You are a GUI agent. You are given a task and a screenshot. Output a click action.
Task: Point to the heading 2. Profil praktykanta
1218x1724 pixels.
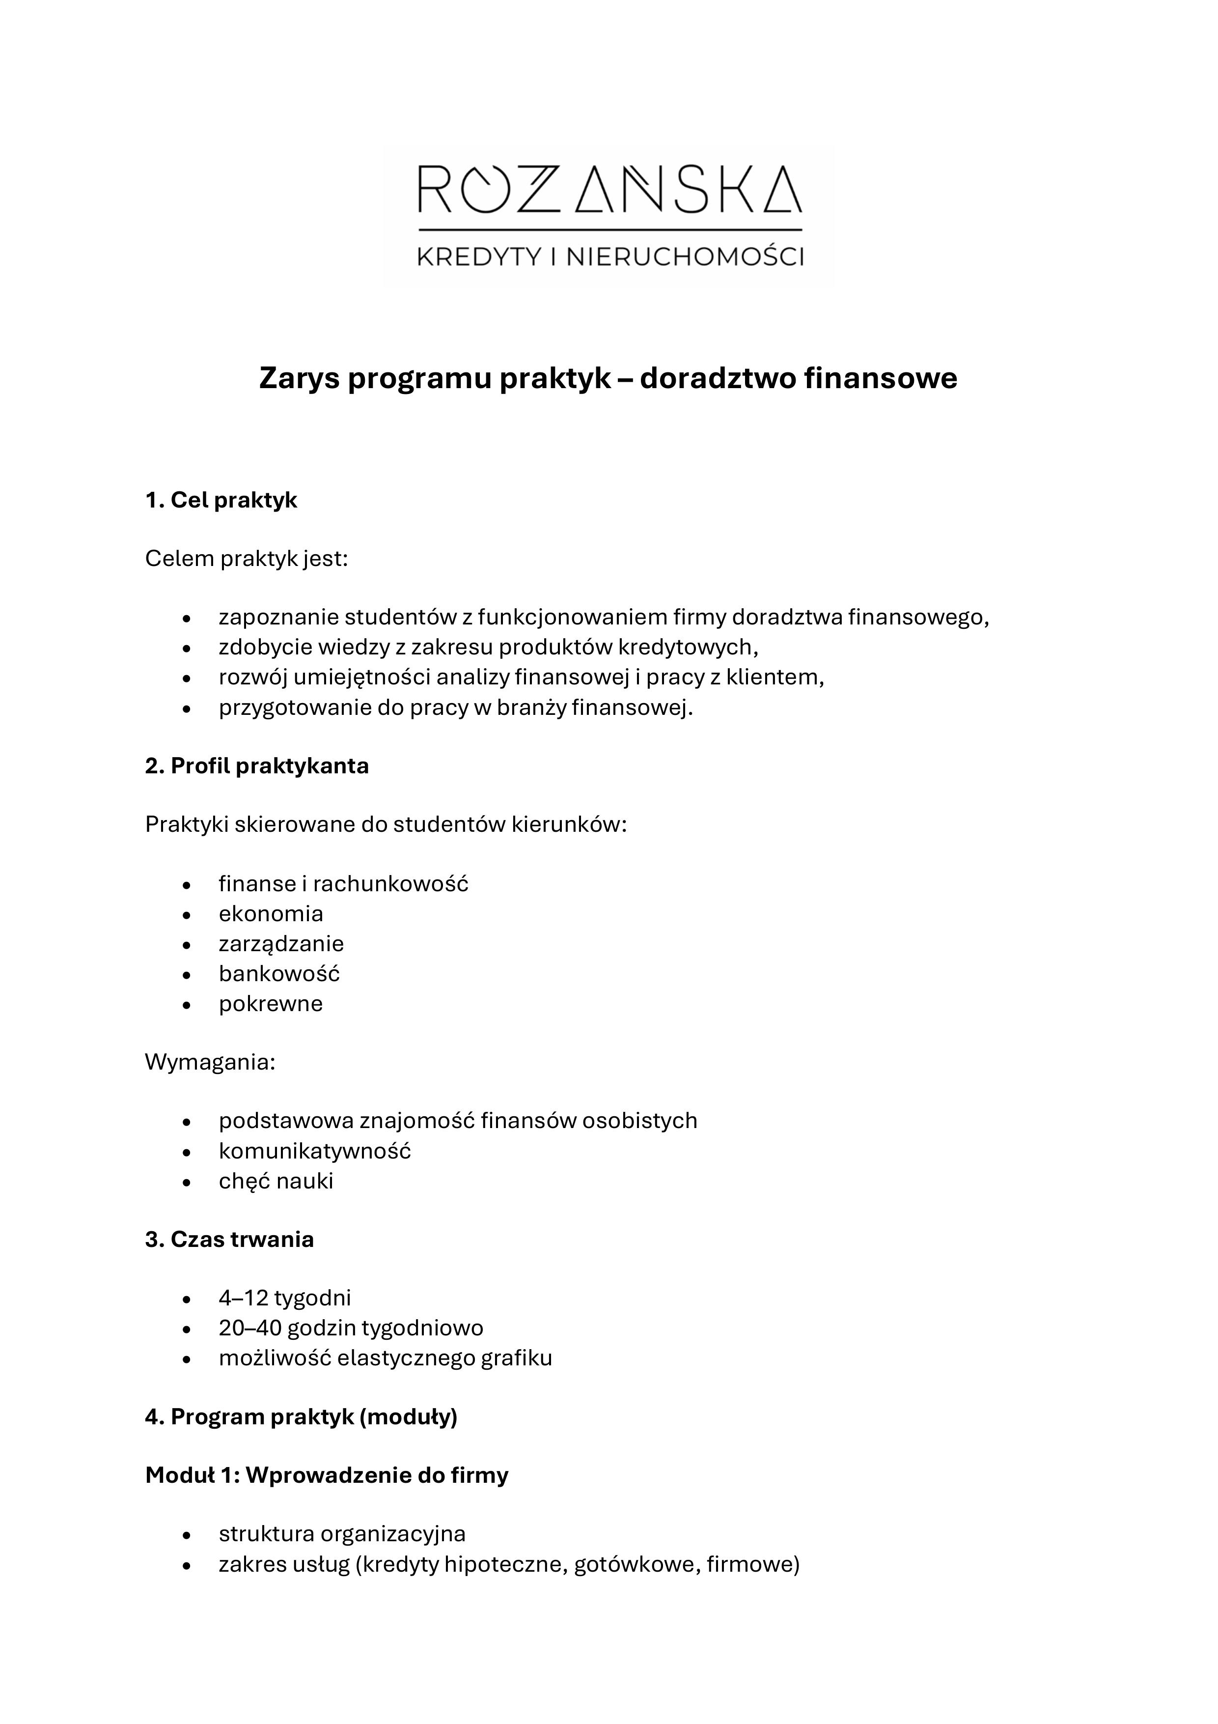(257, 766)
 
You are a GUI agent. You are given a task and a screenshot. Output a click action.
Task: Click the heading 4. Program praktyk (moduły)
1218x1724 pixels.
(301, 1417)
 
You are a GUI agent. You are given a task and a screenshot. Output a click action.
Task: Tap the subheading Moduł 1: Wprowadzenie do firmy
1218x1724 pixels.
(327, 1475)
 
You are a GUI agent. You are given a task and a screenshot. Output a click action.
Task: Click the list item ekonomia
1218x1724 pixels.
(271, 914)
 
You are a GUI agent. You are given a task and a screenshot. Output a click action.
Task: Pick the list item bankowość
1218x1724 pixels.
(279, 974)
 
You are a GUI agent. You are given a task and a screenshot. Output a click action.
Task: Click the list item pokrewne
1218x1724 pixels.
(271, 1004)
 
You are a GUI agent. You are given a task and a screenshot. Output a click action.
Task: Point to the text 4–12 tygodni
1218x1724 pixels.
(285, 1298)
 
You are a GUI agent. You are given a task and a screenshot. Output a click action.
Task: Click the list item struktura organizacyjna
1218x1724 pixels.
(342, 1534)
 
